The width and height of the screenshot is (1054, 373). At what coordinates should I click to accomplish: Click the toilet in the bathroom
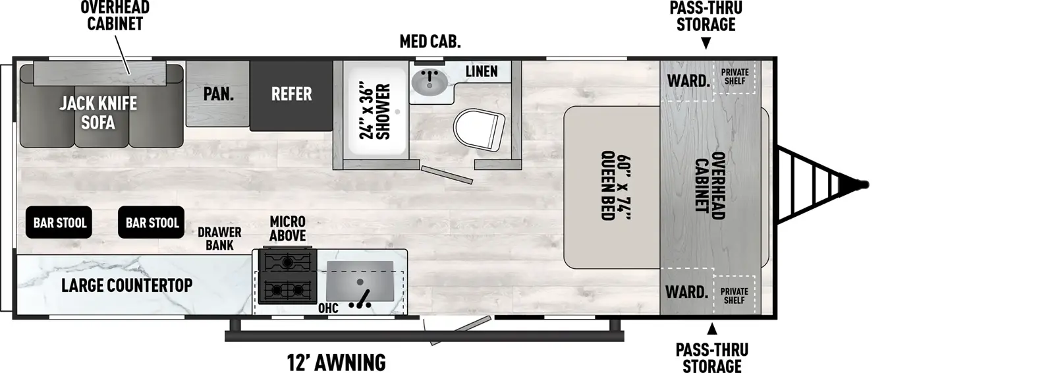[479, 130]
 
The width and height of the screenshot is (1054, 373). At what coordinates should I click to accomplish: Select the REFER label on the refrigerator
[291, 94]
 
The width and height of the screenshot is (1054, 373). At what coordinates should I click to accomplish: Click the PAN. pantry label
[218, 94]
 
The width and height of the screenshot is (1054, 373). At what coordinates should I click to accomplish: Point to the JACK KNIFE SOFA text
[98, 113]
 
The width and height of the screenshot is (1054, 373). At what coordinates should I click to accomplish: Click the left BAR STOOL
[59, 222]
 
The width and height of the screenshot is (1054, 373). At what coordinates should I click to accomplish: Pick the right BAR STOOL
[152, 222]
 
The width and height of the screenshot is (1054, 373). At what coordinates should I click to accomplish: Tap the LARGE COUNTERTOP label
[126, 285]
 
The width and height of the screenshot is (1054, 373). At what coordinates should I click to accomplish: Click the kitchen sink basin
[360, 281]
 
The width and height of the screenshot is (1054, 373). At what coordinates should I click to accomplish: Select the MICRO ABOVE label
[287, 229]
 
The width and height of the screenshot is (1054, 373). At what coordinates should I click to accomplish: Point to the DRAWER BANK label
[219, 239]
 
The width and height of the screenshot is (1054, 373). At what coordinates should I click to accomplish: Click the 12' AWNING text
[337, 362]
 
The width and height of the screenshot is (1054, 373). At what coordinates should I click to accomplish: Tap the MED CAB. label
[430, 42]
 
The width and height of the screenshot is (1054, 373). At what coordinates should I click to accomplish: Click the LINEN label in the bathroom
[482, 71]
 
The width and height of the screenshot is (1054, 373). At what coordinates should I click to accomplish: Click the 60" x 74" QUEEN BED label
[615, 186]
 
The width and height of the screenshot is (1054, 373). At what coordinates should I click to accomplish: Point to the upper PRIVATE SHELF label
[735, 76]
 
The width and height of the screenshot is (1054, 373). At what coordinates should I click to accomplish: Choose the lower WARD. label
[686, 292]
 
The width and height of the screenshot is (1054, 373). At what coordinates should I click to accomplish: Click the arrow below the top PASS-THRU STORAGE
[706, 43]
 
